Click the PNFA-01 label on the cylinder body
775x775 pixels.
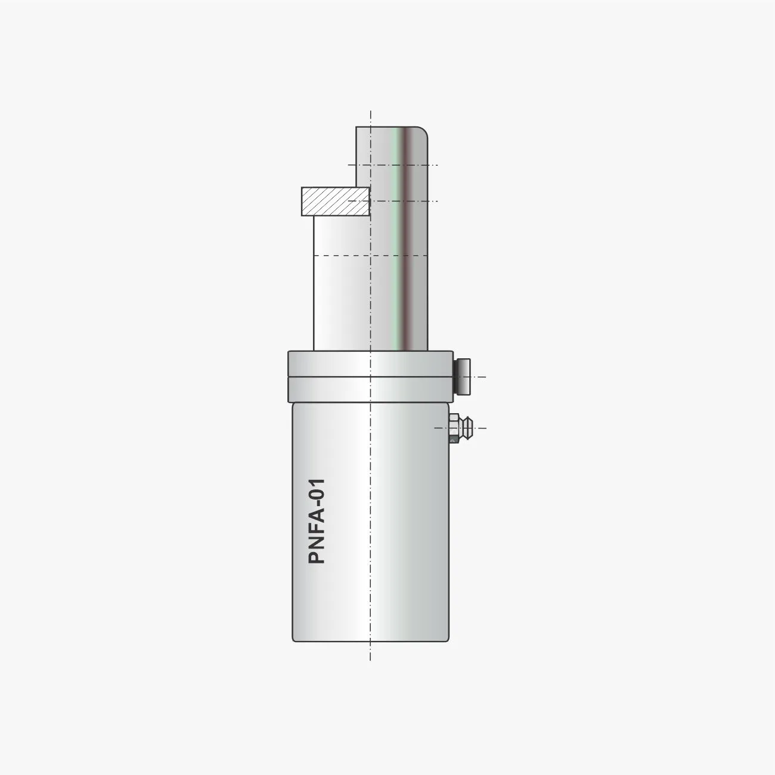(x=317, y=520)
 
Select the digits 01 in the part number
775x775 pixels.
(x=317, y=488)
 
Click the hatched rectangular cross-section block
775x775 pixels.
(x=335, y=201)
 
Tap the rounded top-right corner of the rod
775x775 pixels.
(x=423, y=131)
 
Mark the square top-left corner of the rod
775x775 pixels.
(x=356, y=128)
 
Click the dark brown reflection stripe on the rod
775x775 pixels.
(x=407, y=238)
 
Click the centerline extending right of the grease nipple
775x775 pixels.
(x=480, y=428)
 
